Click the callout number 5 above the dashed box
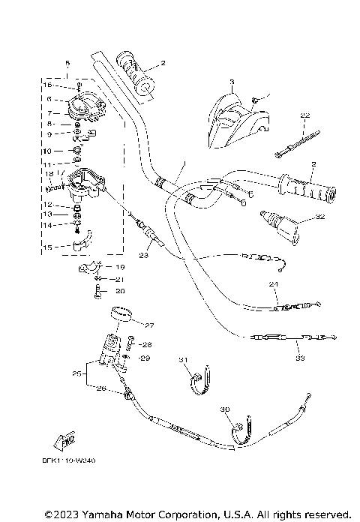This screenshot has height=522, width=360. click(67, 63)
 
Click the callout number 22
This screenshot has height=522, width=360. click(304, 115)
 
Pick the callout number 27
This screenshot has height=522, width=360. click(148, 325)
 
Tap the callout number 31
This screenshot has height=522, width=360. click(181, 360)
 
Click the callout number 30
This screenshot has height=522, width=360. click(224, 409)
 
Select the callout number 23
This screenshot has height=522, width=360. click(144, 256)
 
